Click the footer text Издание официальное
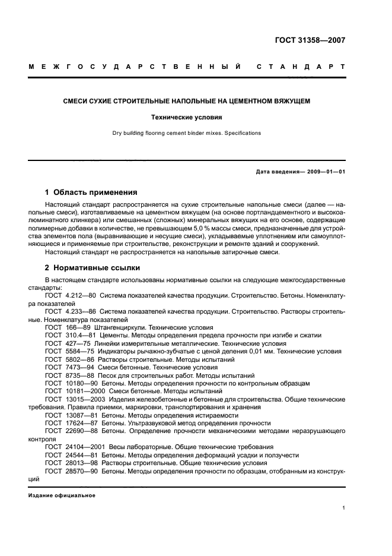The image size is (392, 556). click(62, 495)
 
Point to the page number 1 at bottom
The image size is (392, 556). click(343, 508)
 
